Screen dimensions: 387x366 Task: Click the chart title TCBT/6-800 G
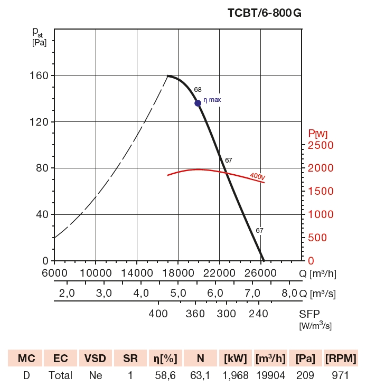click(265, 14)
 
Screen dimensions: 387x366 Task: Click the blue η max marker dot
click(198, 103)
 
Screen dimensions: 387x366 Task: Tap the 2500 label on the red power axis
click(321, 145)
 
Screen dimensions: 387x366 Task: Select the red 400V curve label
click(257, 176)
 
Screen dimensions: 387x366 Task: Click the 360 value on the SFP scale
click(195, 314)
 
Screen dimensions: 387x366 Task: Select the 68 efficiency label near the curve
click(198, 90)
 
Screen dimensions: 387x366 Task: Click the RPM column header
click(340, 359)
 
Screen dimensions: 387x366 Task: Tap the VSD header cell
click(95, 359)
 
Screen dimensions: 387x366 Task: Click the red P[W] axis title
click(318, 133)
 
